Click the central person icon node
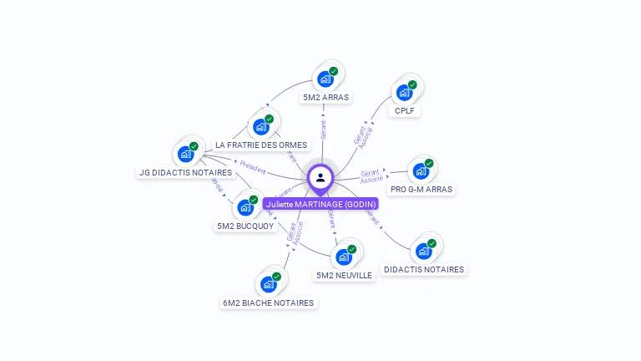point(320,177)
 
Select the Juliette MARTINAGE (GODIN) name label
point(321,204)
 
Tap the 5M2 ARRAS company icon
point(326,79)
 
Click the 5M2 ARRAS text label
point(326,98)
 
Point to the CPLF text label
point(405,111)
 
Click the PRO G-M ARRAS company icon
point(421,170)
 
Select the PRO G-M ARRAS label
point(421,190)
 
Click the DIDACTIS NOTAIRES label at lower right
point(424,270)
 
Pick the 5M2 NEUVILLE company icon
point(344,257)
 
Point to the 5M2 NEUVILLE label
point(344,276)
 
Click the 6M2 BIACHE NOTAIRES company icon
point(269,284)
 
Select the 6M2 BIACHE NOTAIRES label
point(269,303)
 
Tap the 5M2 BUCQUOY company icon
point(245,207)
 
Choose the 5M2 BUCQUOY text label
point(245,226)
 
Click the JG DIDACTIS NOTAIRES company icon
point(186,154)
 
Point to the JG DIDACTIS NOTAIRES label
point(186,173)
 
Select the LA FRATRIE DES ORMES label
point(261,145)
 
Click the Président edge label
point(252,167)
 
